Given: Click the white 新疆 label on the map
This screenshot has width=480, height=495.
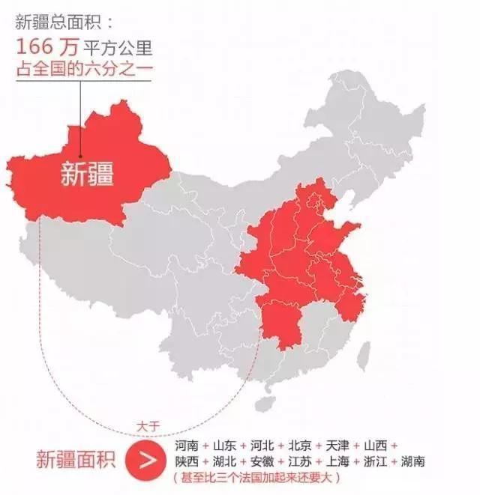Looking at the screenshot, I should click(87, 174).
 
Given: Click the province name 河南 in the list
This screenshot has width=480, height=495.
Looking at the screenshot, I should click(187, 445).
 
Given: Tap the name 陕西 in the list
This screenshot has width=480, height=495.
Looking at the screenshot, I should click(187, 461).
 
